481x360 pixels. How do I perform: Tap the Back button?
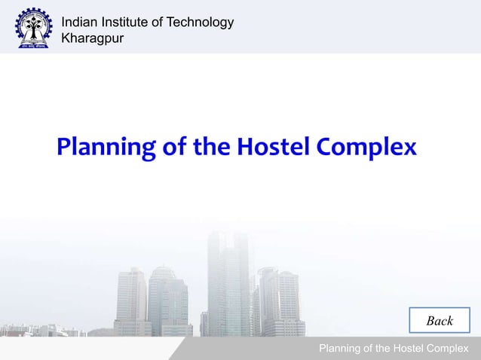coord(440,321)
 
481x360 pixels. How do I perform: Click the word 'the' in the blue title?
coord(211,145)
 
